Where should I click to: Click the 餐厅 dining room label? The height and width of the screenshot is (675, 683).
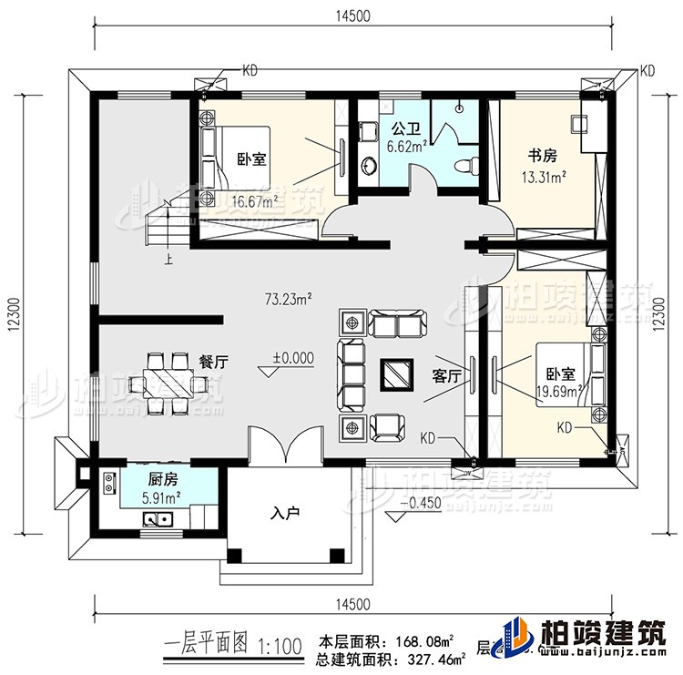[212, 361]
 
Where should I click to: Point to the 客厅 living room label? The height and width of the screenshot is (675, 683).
[444, 374]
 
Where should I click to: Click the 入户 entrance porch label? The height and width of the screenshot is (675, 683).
[285, 514]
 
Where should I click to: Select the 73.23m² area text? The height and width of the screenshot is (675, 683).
[289, 297]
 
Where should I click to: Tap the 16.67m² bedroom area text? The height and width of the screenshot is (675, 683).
[253, 202]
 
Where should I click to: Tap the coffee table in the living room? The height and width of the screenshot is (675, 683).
[395, 373]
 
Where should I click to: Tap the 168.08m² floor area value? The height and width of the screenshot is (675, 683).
[424, 640]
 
